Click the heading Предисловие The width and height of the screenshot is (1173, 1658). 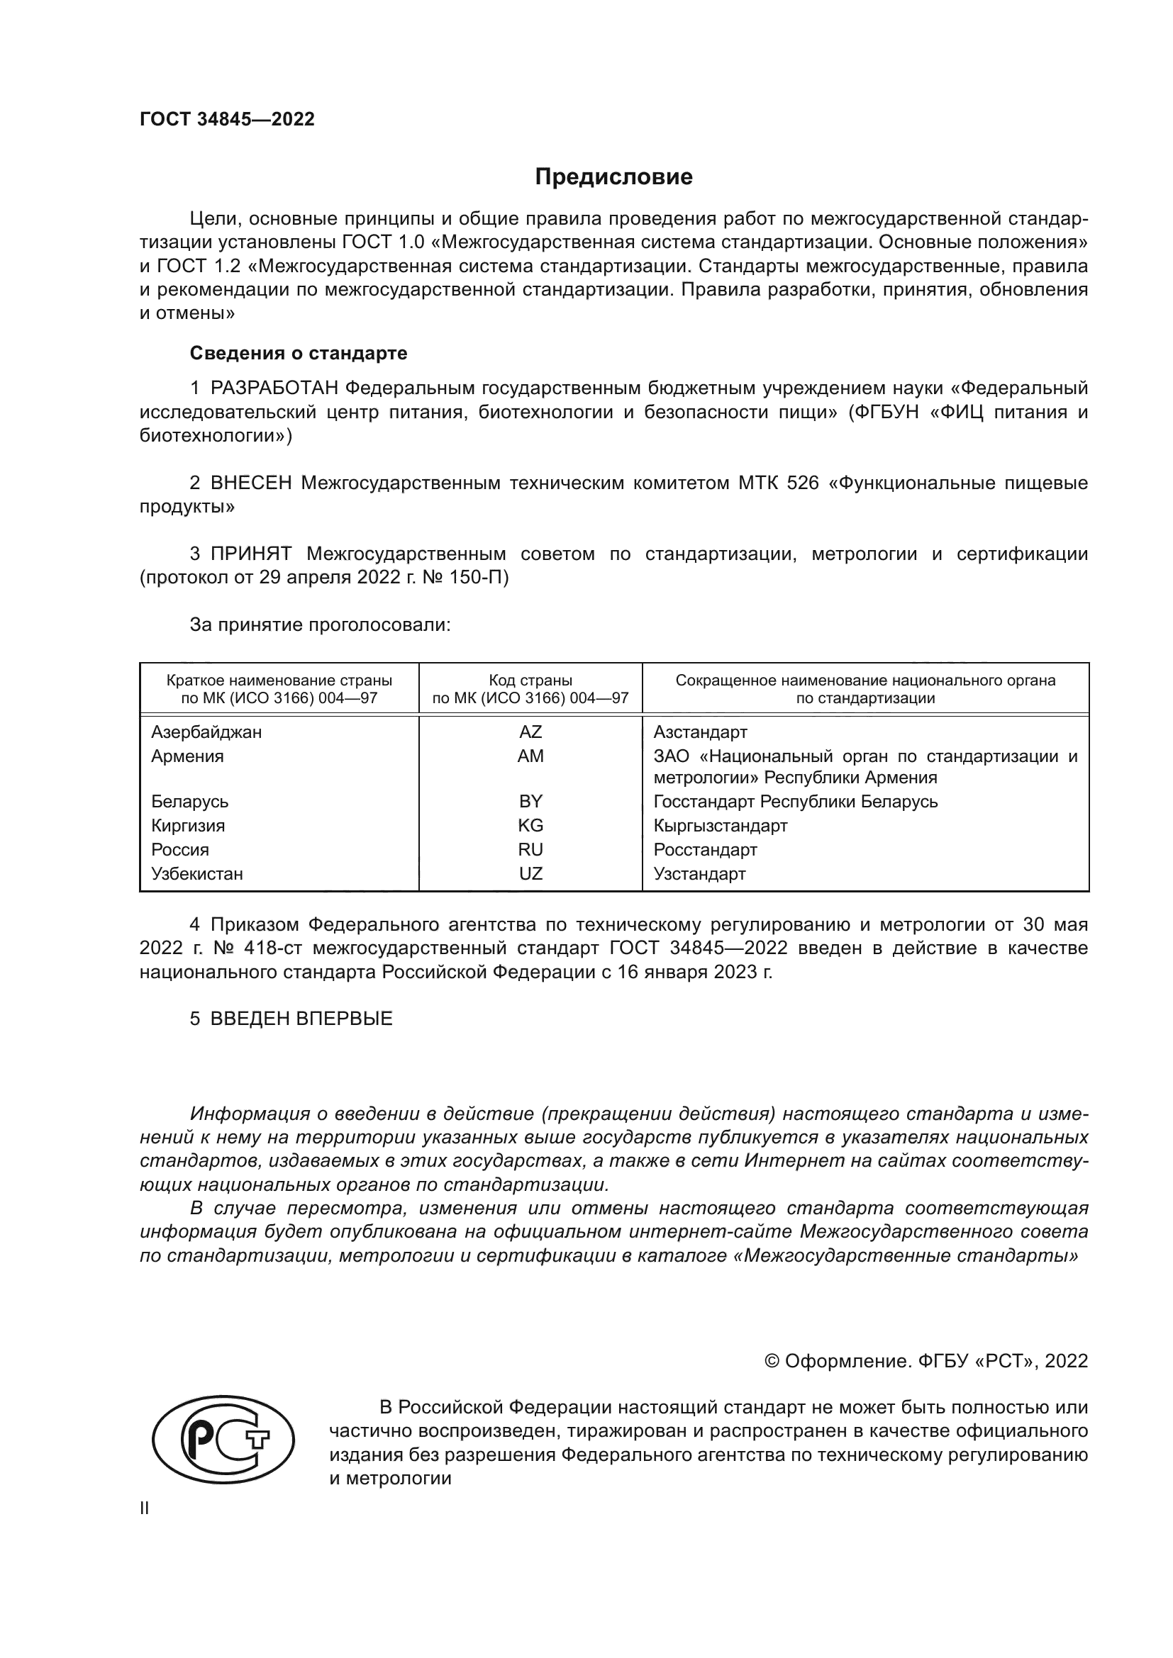(x=613, y=177)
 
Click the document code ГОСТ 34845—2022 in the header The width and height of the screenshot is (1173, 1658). (x=227, y=119)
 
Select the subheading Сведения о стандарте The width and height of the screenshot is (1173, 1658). (x=299, y=353)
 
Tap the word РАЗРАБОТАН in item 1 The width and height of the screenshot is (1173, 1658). (x=274, y=388)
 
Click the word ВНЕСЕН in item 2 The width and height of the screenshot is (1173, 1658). (x=250, y=483)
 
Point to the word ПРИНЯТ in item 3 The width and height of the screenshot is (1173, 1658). (x=250, y=554)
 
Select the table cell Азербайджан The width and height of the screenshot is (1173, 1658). (x=206, y=732)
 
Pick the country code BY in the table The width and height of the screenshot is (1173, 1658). (x=530, y=802)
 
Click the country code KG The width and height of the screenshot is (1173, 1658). (x=530, y=825)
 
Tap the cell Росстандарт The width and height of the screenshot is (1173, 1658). (x=705, y=850)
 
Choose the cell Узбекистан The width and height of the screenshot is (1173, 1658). (x=196, y=874)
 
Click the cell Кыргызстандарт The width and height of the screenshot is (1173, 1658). (x=720, y=825)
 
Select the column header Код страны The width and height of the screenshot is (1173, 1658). (x=530, y=680)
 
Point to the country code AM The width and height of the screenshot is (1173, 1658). (x=530, y=756)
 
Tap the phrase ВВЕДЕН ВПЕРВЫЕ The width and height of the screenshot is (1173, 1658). (x=301, y=1019)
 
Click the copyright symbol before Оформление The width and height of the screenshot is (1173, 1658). (x=772, y=1360)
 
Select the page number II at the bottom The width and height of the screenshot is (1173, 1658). (x=145, y=1508)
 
